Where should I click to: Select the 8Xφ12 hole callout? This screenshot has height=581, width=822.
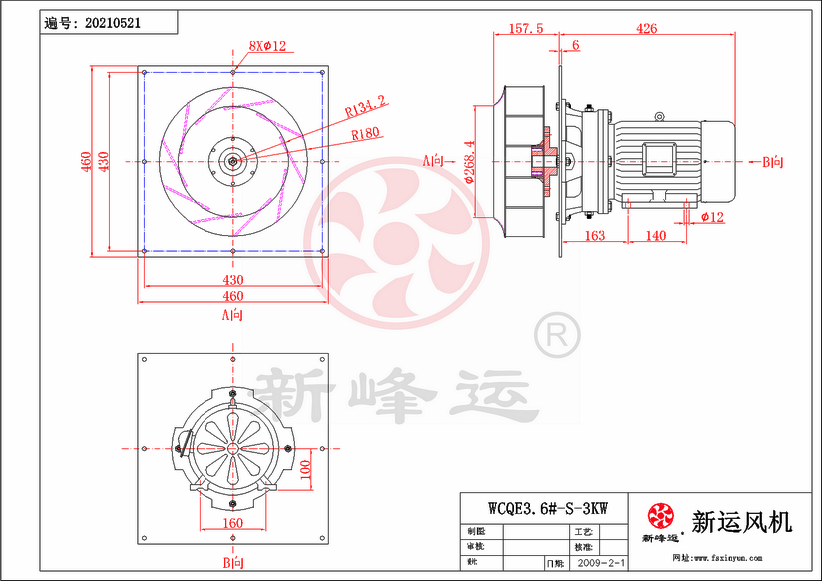coord(267,46)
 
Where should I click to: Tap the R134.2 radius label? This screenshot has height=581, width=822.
coord(365,102)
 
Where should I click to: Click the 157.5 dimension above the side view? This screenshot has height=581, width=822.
coord(525,29)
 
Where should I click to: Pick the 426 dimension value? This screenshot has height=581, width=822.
coord(646,29)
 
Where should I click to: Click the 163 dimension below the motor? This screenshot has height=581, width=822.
coord(594,236)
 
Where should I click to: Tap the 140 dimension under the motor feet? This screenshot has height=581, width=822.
coord(655,236)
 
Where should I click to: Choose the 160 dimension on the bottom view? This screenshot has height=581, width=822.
coord(232,522)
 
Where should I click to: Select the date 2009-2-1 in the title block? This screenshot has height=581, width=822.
coord(602,563)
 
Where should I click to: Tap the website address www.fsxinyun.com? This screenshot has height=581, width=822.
coord(734,557)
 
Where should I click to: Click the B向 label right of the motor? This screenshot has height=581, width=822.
coord(773,161)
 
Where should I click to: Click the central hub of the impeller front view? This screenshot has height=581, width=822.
coord(232,161)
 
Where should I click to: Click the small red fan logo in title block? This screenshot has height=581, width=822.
coord(660,517)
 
